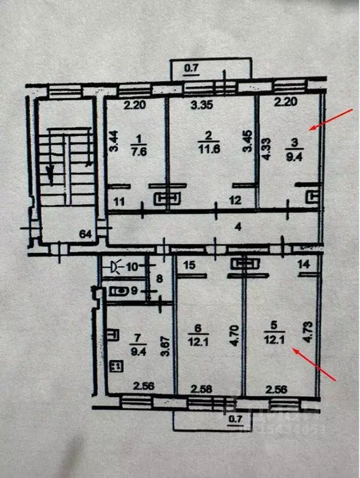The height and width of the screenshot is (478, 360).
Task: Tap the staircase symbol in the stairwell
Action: (x=62, y=162)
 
